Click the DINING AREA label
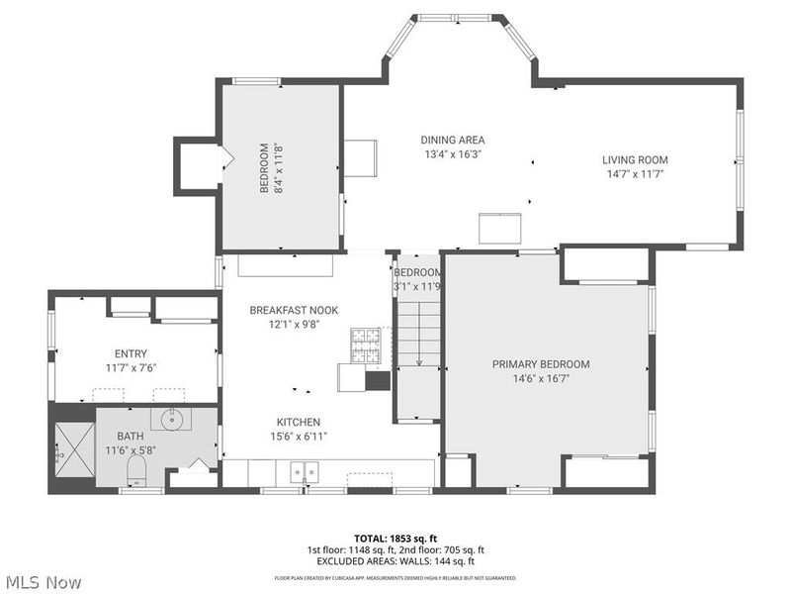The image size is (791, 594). tap(453, 140)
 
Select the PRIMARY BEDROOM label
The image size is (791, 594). tap(541, 364)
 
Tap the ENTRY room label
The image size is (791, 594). tap(131, 352)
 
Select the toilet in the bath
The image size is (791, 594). tap(138, 468)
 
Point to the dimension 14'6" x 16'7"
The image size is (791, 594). tap(541, 378)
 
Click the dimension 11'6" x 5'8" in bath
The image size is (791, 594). tap(132, 449)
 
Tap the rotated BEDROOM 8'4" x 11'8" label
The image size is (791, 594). tap(271, 168)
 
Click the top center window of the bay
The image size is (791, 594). tap(457, 18)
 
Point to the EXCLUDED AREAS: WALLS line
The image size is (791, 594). tap(395, 561)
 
